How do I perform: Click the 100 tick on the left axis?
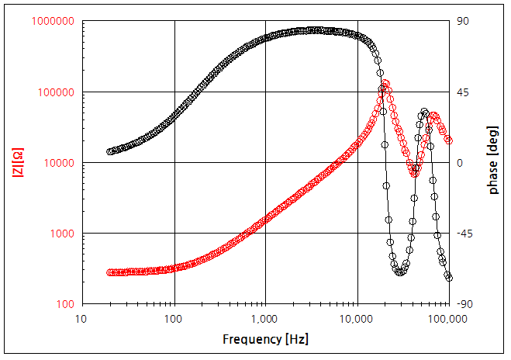pyautogui.click(x=64, y=304)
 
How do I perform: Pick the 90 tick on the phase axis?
pyautogui.click(x=461, y=22)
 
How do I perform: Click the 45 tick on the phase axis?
pyautogui.click(x=461, y=92)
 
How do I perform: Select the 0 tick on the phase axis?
pyautogui.click(x=458, y=163)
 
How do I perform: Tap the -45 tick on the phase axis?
pyautogui.click(x=462, y=234)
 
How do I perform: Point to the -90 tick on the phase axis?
pyautogui.click(x=462, y=304)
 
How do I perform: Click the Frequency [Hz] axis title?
pyautogui.click(x=266, y=339)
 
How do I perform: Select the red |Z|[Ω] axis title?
pyautogui.click(x=17, y=163)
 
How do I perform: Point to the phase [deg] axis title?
pyautogui.click(x=493, y=163)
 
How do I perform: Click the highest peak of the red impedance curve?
pyautogui.click(x=385, y=83)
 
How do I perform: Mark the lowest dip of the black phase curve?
pyautogui.click(x=400, y=272)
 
